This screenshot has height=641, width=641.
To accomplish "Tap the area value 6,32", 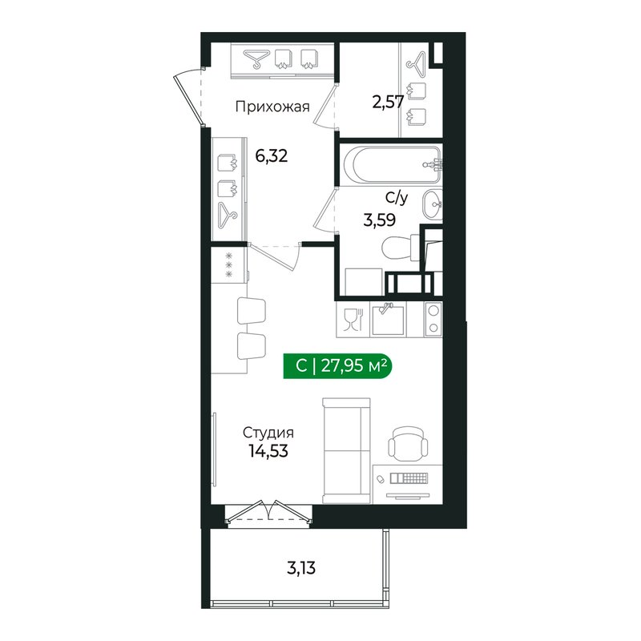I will [272, 155].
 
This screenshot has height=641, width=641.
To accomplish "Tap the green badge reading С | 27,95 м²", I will [341, 366].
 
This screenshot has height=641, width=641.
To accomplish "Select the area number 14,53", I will [267, 450].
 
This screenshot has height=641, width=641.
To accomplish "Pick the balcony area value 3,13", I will [300, 570].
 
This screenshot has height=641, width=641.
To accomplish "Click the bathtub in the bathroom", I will [389, 164].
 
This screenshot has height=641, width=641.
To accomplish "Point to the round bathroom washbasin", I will [433, 204].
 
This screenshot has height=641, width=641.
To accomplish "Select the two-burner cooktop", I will [433, 319].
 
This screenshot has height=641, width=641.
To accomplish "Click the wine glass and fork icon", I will [350, 320].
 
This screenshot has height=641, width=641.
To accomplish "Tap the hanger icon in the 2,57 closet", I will [416, 62].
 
